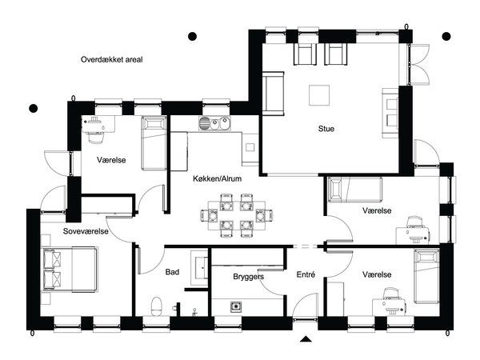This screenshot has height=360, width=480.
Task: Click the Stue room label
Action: coord(326,129)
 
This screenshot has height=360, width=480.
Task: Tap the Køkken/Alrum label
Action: coord(217,178)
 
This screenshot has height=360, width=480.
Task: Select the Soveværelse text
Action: coord(86,231)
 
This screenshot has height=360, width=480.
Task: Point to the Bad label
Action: coord(172,272)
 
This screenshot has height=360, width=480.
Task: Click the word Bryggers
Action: coord(248,277)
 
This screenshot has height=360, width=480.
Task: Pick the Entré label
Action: coord(306,274)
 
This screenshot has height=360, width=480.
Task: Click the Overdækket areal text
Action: coord(112,59)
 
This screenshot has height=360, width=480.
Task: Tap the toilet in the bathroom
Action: coord(157,306)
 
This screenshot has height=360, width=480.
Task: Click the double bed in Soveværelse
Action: coord(70,270)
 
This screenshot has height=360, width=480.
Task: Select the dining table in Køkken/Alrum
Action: coord(237,215)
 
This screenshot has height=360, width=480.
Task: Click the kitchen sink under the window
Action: coord(214,124)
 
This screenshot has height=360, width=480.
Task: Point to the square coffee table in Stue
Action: coord(319,95)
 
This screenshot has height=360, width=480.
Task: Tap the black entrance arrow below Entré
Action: coord(306,338)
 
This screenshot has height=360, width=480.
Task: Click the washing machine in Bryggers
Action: coord(236,306)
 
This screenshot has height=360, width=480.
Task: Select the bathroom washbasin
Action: coord(201,267)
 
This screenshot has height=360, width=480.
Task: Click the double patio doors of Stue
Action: coord(419,64)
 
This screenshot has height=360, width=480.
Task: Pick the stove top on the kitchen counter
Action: coord(250,147)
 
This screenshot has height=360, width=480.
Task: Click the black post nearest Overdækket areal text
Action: coord(192,37)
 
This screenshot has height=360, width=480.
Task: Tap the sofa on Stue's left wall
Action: coord(274,94)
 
